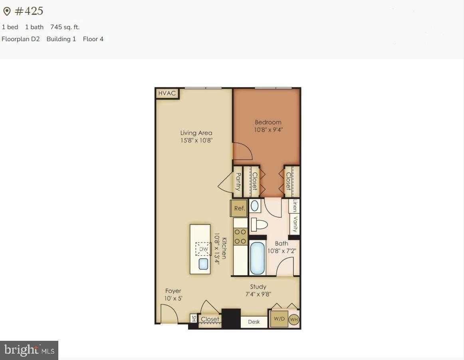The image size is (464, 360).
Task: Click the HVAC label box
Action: [167, 93]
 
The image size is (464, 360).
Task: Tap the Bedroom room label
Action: [268, 122]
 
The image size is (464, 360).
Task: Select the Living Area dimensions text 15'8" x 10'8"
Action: [196, 140]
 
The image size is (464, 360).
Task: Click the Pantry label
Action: [238, 181]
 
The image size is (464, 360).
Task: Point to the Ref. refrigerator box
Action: [239, 208]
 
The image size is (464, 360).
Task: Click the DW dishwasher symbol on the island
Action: [203, 249]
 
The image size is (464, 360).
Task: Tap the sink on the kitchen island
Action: [203, 264]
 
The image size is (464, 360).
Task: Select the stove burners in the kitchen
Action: [240, 236]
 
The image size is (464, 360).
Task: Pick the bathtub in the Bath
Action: [258, 258]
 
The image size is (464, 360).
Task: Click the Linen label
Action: [295, 206]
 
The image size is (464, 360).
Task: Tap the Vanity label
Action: [295, 224]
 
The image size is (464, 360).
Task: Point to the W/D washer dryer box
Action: [279, 319]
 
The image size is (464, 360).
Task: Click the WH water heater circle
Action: [294, 319]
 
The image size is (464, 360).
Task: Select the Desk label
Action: [254, 322]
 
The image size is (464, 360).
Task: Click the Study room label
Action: [258, 286]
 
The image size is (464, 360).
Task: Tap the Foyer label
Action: [173, 291]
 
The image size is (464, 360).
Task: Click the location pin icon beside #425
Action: [7, 12]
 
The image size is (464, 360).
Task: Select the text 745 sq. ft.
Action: [65, 27]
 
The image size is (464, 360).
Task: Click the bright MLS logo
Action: [29, 350]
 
